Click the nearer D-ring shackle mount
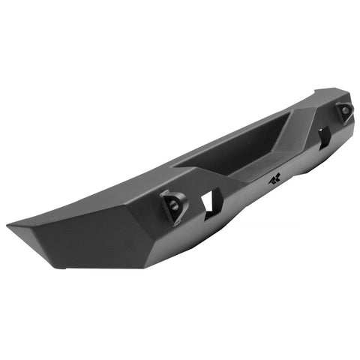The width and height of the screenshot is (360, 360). pos(172,206)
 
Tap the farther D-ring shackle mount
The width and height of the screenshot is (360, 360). pos(343,112)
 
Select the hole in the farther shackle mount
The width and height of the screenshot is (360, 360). pos(345,112)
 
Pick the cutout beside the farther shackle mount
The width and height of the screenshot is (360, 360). pos(323,136)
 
